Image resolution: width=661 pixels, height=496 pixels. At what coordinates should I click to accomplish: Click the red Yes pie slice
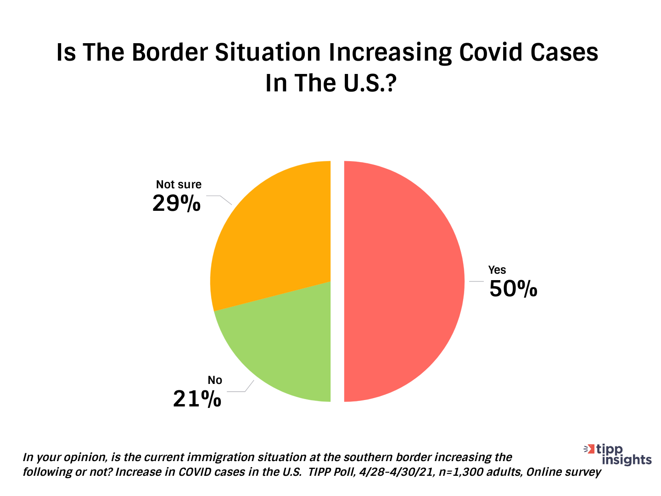click(404, 281)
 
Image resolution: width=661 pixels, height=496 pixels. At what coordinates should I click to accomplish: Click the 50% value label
click(513, 289)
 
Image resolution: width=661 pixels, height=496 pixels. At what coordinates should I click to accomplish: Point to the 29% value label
click(177, 203)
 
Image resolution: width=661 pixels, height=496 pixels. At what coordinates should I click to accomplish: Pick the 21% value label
click(197, 399)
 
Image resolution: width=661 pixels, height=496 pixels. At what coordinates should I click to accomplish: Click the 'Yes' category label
click(497, 270)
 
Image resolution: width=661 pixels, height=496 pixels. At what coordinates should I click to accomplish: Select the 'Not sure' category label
click(179, 184)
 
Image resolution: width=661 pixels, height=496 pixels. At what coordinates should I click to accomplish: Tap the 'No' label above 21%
click(215, 380)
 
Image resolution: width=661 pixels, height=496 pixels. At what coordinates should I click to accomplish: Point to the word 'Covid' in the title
click(492, 52)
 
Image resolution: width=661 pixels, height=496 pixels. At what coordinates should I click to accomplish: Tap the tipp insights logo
click(618, 454)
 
